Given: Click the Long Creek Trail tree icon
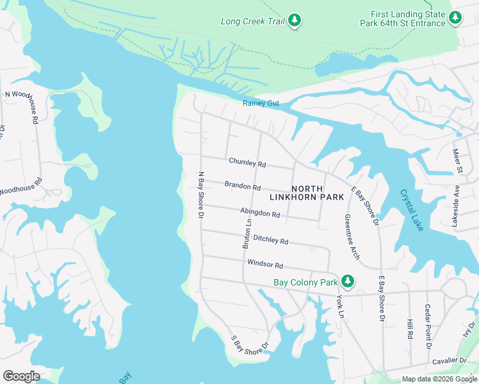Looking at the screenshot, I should tap(295, 20).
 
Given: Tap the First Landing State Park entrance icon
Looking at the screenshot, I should tap(455, 19).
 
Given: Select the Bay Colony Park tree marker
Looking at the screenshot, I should tap(348, 281).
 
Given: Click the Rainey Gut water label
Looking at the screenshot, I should tap(261, 103).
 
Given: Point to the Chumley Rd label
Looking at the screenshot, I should tap(247, 164).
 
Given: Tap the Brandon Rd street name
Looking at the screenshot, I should tap(243, 186).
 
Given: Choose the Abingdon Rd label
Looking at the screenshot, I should tap(260, 213).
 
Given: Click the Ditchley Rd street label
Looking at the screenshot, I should tap(271, 240).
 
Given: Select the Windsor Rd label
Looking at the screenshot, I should tap(265, 264).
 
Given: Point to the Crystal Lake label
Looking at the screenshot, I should tap(412, 209).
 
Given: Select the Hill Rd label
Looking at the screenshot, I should tap(410, 329).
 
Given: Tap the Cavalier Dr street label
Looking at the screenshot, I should tap(449, 361).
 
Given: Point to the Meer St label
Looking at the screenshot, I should tap(457, 161).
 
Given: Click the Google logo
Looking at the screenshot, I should tap(21, 376).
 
